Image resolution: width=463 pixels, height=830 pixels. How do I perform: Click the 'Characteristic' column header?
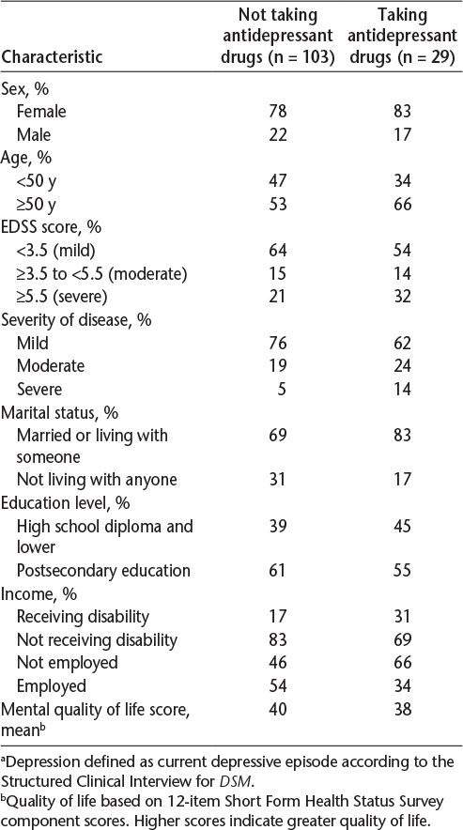click(x=53, y=57)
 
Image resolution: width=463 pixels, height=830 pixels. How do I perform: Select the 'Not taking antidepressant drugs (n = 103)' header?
click(x=278, y=36)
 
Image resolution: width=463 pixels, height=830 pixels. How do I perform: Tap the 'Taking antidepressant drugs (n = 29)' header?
click(x=403, y=36)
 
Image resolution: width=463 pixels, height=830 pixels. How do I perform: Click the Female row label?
click(x=42, y=111)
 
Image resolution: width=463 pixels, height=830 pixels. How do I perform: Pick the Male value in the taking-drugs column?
click(x=403, y=134)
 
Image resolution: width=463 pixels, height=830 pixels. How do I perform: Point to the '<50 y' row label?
click(x=37, y=181)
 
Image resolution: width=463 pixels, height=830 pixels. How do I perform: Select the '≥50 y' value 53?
click(x=278, y=205)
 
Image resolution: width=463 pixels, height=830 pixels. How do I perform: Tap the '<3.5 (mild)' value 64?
click(x=278, y=251)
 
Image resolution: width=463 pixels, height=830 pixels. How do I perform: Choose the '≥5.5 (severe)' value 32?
click(x=403, y=297)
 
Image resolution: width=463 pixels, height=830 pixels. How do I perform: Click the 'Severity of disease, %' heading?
click(x=77, y=320)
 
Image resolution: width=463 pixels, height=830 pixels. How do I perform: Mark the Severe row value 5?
click(x=283, y=390)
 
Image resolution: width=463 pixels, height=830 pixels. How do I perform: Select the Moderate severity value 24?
click(x=403, y=366)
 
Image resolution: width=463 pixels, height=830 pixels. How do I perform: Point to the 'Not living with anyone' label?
click(x=97, y=480)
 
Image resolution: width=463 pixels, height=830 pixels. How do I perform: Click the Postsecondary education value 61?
click(x=278, y=571)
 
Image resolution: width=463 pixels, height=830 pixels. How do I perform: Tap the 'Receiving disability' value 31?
click(x=403, y=617)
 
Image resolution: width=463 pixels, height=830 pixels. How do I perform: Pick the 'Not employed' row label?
click(x=68, y=663)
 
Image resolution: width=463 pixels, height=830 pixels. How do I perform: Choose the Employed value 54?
click(x=278, y=686)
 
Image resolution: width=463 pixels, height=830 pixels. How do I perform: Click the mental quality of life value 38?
click(x=403, y=710)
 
